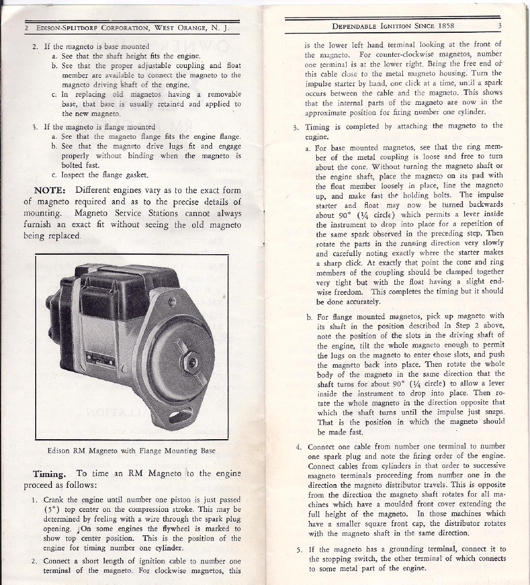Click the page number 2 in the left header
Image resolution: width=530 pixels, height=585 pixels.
(27, 28)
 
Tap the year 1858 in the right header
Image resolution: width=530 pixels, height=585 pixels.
(444, 26)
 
